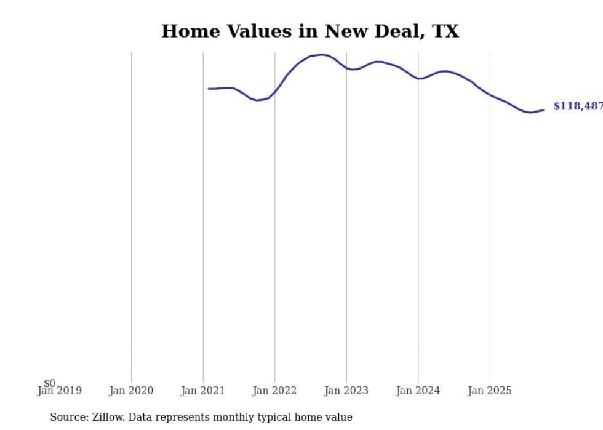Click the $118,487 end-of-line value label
pyautogui.click(x=578, y=106)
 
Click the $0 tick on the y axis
pyautogui.click(x=49, y=383)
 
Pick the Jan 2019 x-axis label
pyautogui.click(x=59, y=391)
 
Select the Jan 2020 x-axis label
pyautogui.click(x=131, y=391)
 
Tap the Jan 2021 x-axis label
pyautogui.click(x=203, y=391)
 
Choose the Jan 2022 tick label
pyautogui.click(x=274, y=391)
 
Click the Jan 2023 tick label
pyautogui.click(x=346, y=391)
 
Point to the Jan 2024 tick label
pyautogui.click(x=418, y=391)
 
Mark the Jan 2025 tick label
pyautogui.click(x=490, y=391)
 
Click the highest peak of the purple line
pyautogui.click(x=322, y=55)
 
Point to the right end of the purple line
pyautogui.click(x=543, y=110)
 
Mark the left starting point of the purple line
pyautogui.click(x=209, y=89)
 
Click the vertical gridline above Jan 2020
pyautogui.click(x=131, y=215)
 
